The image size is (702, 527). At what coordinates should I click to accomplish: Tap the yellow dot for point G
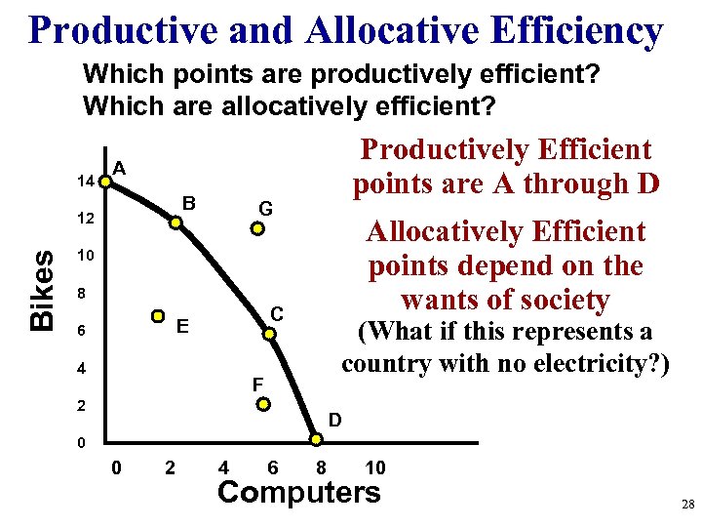[x=257, y=230]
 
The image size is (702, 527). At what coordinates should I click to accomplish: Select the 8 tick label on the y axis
[x=84, y=293]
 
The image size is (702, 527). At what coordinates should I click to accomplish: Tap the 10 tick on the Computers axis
[x=374, y=467]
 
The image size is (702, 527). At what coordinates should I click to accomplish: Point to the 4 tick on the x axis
[x=224, y=467]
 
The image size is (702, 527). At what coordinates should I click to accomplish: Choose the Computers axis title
[x=298, y=493]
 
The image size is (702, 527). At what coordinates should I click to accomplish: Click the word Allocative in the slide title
[x=398, y=30]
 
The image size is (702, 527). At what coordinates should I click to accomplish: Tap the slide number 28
[x=685, y=504]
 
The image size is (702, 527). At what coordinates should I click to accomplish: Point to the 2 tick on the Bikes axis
[x=84, y=404]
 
